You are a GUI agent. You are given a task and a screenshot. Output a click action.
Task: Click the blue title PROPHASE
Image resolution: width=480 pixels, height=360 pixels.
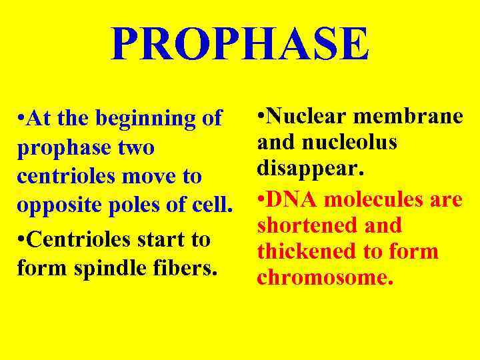(x=240, y=44)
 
